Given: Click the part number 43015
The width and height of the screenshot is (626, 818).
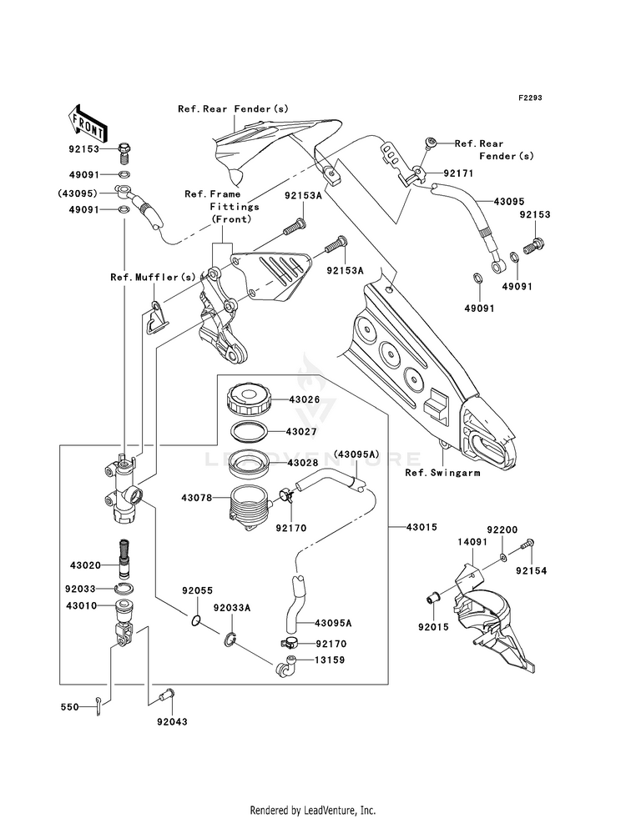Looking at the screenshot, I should [x=423, y=526].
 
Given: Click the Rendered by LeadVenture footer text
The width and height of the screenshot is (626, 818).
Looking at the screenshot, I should [x=313, y=810].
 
